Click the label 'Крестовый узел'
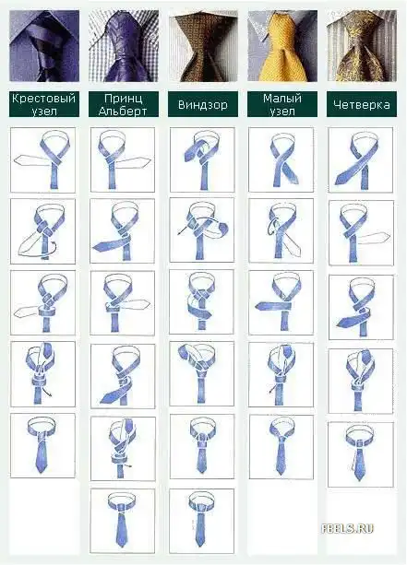click(x=44, y=104)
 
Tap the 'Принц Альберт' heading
click(x=124, y=104)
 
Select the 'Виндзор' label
click(x=203, y=104)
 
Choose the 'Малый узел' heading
click(x=282, y=104)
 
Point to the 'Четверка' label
click(x=362, y=104)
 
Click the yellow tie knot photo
click(x=282, y=46)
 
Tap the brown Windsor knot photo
click(x=203, y=46)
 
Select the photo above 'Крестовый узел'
click(x=44, y=46)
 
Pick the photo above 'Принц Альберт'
click(x=124, y=46)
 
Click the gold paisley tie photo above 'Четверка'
click(x=362, y=46)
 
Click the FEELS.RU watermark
click(x=347, y=529)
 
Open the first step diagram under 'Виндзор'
click(x=202, y=159)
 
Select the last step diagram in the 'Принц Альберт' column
click(x=123, y=521)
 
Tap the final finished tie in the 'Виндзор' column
click(x=202, y=521)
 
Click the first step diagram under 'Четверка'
click(x=361, y=159)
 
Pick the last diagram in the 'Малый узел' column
click(x=281, y=447)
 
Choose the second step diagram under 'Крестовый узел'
click(x=43, y=231)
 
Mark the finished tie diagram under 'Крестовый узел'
click(x=43, y=446)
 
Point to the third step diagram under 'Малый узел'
click(x=281, y=302)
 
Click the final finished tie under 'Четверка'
click(x=361, y=454)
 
